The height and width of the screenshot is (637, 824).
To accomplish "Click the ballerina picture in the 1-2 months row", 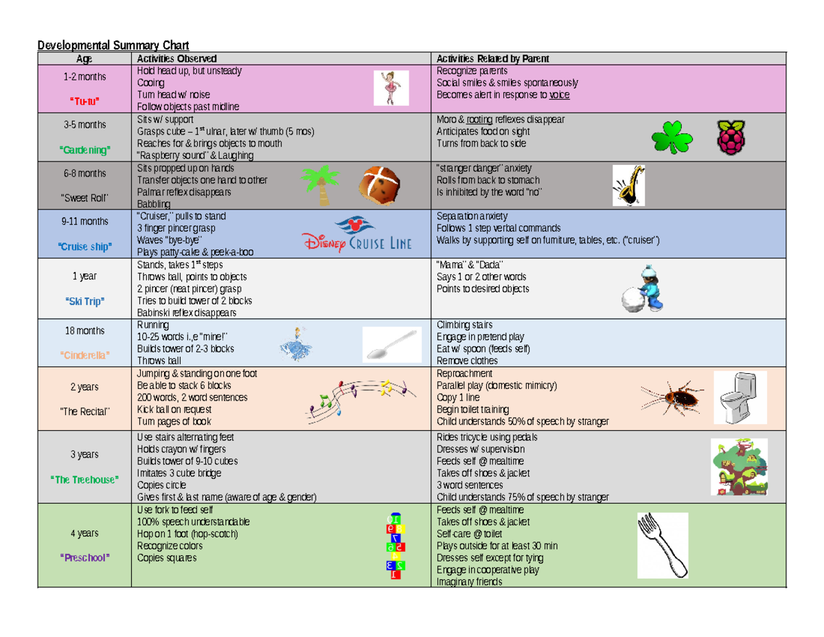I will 391,87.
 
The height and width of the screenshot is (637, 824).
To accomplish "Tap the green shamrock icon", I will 672,137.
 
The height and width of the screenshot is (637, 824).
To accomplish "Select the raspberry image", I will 733,137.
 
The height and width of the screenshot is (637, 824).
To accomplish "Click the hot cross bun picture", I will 380,186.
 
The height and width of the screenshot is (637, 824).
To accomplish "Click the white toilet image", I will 737,398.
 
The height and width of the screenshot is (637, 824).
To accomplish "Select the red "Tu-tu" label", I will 84,102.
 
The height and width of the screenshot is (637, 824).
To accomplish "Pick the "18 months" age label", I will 84,331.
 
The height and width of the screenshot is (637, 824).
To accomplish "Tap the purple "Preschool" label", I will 84,558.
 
